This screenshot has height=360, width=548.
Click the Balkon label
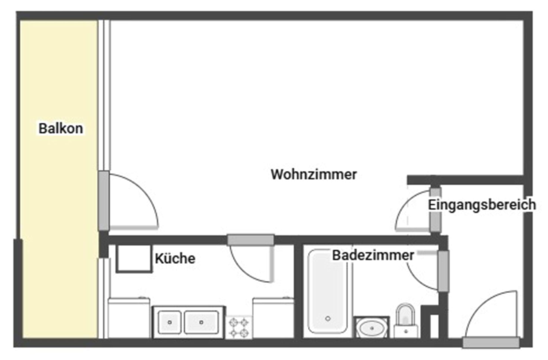61,128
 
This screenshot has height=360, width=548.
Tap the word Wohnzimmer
313,174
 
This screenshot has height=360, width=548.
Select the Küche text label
175,258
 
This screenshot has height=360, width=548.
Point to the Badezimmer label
373,255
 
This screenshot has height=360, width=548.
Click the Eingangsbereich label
482,204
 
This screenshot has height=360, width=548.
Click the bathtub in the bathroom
328,292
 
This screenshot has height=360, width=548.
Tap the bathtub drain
328,319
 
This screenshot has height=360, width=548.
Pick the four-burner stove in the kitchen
239,327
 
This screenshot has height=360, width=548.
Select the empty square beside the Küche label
134,258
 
